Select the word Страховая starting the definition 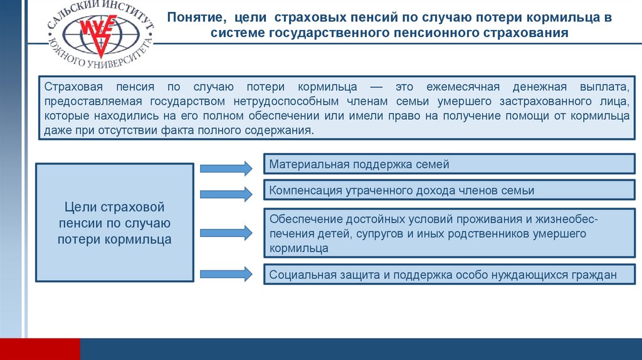click(70, 87)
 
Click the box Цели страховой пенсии click(114, 223)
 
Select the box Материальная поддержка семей click(450, 165)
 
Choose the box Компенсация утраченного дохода click(450, 191)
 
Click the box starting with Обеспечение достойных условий click(450, 233)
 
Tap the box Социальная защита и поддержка click(450, 275)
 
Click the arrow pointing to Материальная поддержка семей click(226, 167)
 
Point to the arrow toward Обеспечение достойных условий click(226, 232)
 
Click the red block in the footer click(40, 349)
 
